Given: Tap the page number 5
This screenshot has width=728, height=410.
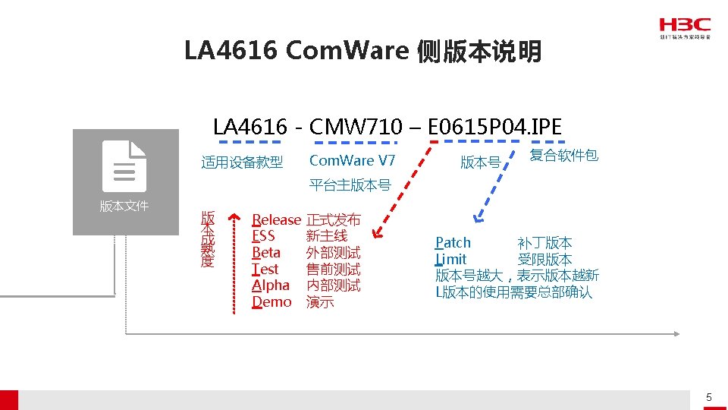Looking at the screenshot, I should point(709,397).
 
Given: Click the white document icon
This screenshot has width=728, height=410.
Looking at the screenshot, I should point(124,166).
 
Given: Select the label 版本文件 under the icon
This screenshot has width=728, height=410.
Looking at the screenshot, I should point(124,206).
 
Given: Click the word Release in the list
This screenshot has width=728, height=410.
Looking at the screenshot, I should point(276,220).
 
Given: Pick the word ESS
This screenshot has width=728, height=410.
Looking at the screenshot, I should point(263,236).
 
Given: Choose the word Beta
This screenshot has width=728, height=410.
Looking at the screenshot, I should point(266,253).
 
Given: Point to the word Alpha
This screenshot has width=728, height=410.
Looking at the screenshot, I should point(271,285).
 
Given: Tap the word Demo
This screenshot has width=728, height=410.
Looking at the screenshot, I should point(271,302).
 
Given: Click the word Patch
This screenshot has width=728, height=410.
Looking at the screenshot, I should point(453,243).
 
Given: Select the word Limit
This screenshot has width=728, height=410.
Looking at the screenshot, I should point(451,260).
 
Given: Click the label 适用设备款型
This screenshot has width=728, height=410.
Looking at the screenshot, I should point(242,162).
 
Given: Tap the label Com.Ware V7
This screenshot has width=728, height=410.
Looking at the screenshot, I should point(353,160).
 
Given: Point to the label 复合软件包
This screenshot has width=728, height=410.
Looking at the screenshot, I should point(563,156).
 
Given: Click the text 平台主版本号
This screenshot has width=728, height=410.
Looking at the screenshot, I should point(350,184).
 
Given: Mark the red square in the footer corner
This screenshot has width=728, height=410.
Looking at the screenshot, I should point(8,399).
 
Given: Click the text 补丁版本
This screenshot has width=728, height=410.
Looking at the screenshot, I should point(544,243).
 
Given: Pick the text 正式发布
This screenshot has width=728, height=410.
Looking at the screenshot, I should point(333,220).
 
